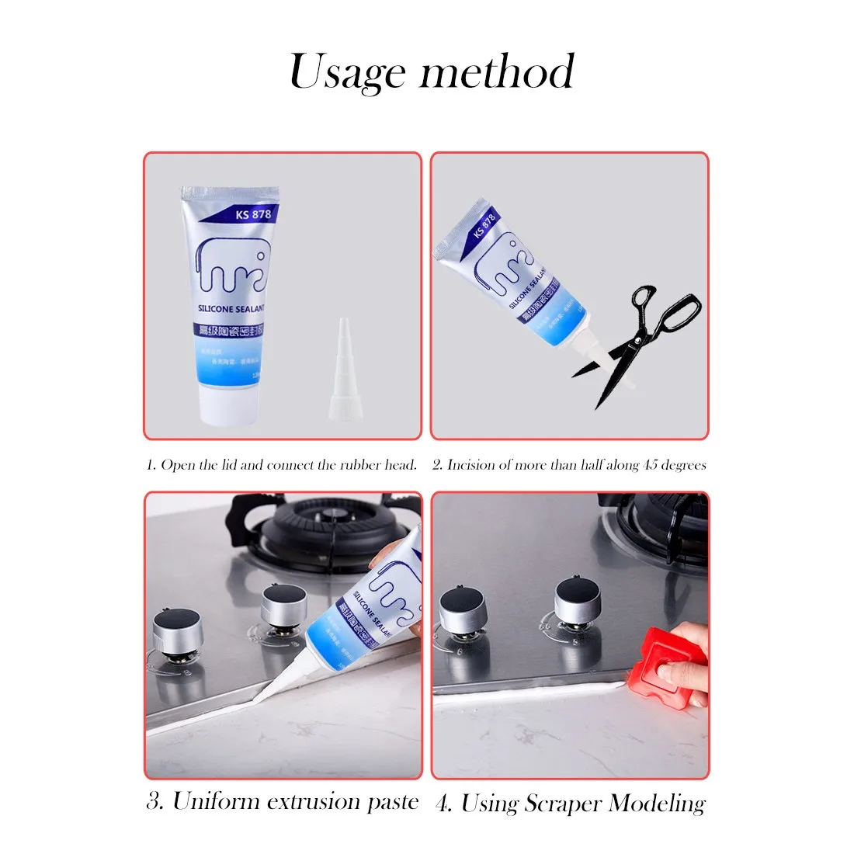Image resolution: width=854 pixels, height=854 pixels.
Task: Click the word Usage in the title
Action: pos(347,72)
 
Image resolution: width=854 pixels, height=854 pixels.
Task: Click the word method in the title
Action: pos(497,72)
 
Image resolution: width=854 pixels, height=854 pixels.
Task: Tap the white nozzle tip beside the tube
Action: pos(342,366)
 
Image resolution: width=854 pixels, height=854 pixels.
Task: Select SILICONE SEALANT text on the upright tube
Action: pos(231,308)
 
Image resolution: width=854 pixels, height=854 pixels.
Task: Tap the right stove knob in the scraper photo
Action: pos(579,602)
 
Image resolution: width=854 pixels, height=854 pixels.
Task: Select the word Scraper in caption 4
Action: pos(563,804)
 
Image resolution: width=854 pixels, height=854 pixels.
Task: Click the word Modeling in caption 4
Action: pos(657,804)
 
